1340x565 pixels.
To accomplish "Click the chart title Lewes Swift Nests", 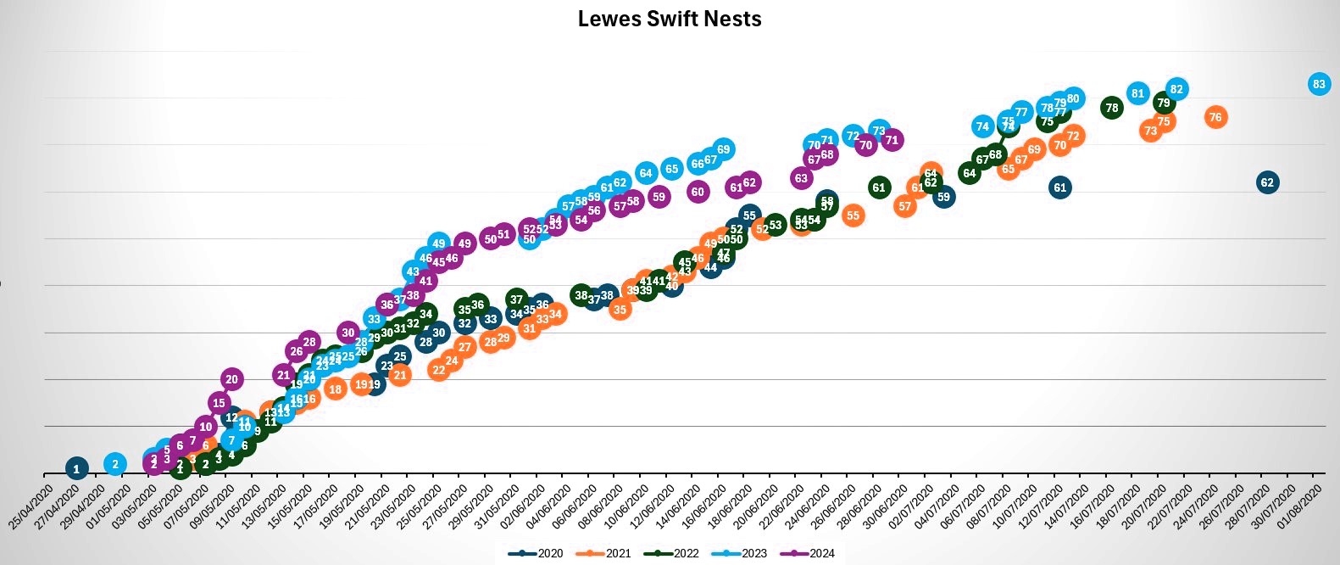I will tap(670, 19).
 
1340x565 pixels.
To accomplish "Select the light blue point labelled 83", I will tap(1318, 84).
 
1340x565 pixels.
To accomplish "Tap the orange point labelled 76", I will tap(1215, 117).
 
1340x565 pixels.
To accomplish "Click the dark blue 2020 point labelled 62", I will tap(1267, 182).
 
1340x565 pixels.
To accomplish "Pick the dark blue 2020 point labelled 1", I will tap(76, 468).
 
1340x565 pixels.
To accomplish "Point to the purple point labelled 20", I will tap(232, 379).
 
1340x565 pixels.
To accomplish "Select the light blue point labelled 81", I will tap(1137, 93).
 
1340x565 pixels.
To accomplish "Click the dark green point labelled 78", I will tap(1112, 108).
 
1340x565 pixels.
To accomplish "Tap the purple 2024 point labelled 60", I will tap(698, 192).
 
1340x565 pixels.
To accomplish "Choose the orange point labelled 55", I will tap(853, 215).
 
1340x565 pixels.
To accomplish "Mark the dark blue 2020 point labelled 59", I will tap(943, 197).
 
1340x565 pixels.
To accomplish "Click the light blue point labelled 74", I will tap(982, 126).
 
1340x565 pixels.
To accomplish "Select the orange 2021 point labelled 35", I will tap(620, 310).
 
